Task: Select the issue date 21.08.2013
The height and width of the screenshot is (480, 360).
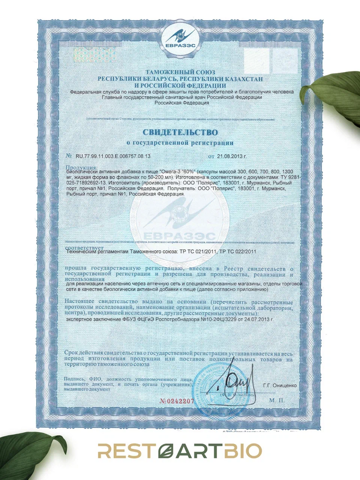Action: coord(231,155)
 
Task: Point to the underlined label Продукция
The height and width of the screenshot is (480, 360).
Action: coord(82,167)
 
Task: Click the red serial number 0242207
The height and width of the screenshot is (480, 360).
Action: coord(176,400)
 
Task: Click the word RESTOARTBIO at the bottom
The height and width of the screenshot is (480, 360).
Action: coord(180,451)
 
